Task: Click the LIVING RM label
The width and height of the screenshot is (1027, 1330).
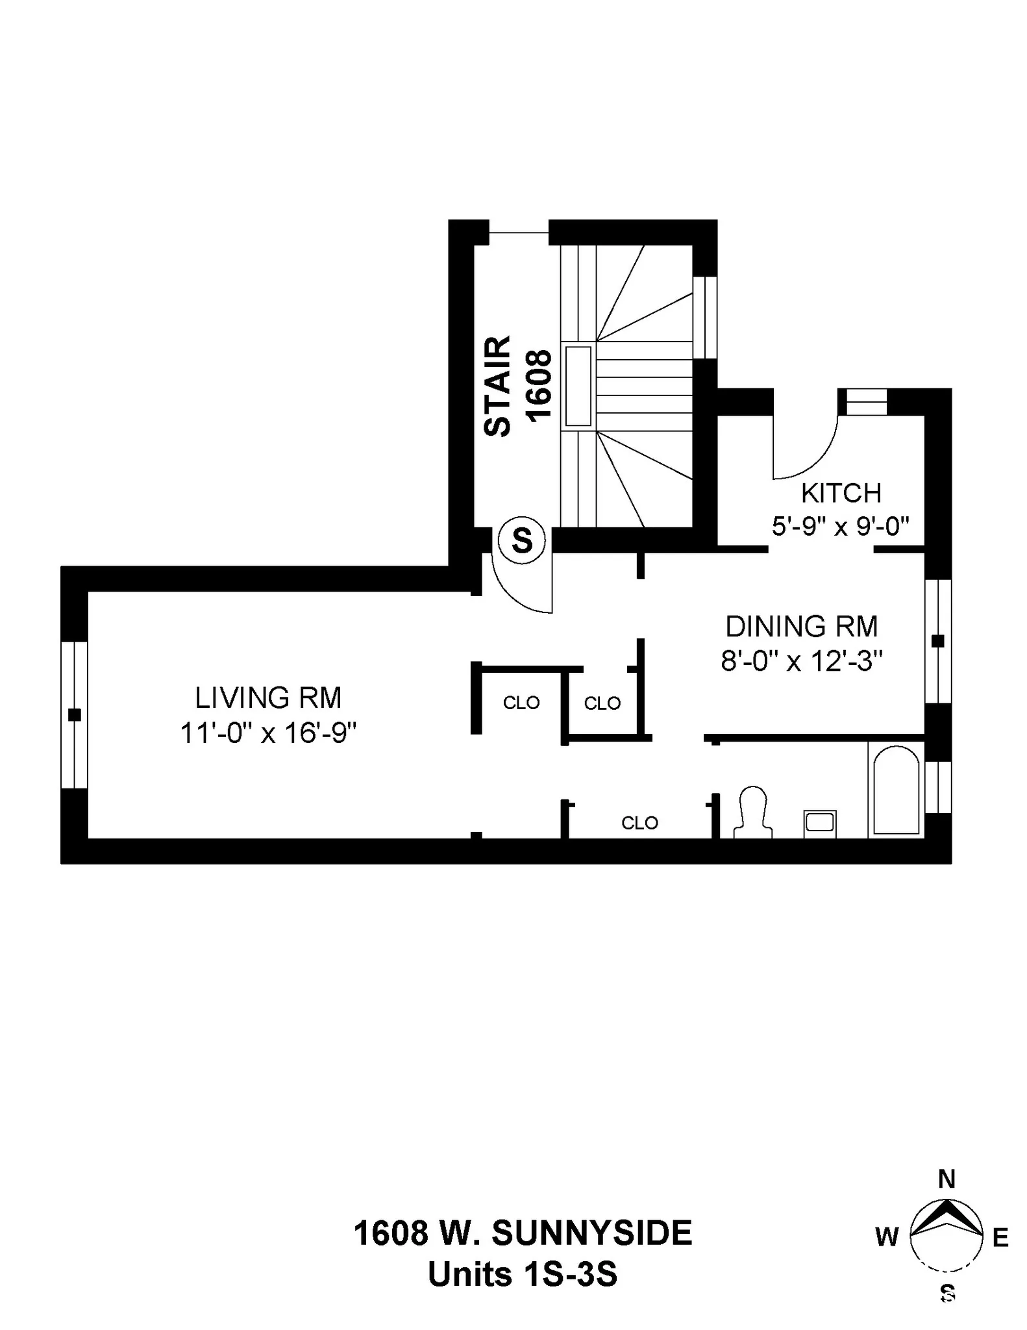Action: tap(268, 698)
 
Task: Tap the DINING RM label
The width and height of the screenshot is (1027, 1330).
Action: tap(801, 627)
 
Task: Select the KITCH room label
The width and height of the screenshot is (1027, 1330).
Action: tap(841, 494)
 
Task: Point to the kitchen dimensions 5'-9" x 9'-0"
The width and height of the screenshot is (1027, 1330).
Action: tap(840, 526)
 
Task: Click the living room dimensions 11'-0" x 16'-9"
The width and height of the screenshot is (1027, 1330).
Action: tap(268, 734)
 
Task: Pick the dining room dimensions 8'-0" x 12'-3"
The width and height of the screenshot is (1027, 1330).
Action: tap(801, 662)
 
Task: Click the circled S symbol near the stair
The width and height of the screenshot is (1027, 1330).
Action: tap(522, 540)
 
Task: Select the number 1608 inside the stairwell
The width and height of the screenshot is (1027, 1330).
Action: tap(539, 386)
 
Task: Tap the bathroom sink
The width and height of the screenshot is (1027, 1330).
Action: tap(819, 823)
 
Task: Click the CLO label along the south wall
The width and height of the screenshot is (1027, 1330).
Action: tap(639, 823)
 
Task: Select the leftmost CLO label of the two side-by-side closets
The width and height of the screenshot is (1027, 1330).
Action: tap(521, 703)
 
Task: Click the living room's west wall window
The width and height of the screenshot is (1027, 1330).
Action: tap(75, 714)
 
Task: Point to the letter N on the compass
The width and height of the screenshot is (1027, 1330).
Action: tap(947, 1179)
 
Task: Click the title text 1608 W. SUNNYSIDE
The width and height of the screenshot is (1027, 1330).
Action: tap(523, 1233)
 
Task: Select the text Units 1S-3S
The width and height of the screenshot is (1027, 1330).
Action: tap(523, 1274)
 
